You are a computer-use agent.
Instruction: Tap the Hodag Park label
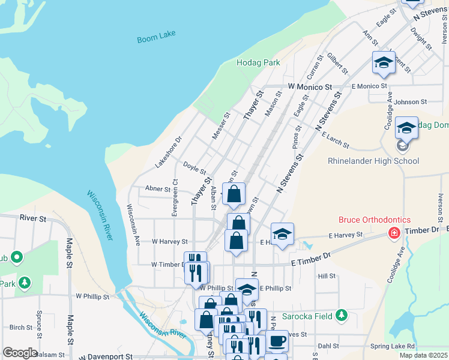pyautogui.click(x=259, y=62)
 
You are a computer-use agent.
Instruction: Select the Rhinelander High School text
pyautogui.click(x=373, y=161)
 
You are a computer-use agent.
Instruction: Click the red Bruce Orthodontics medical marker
pyautogui.click(x=394, y=232)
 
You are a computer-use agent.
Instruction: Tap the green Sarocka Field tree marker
pyautogui.click(x=342, y=314)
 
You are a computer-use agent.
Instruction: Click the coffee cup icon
pyautogui.click(x=277, y=341)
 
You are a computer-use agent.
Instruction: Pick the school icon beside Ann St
pyautogui.click(x=384, y=62)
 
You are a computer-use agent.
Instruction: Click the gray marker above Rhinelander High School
pyautogui.click(x=402, y=146)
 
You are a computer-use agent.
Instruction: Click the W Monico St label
pyautogui.click(x=310, y=87)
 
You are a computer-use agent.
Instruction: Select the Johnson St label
pyautogui.click(x=410, y=102)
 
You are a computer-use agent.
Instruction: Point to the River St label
pyautogui.click(x=33, y=219)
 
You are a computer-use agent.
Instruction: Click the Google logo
pyautogui.click(x=20, y=353)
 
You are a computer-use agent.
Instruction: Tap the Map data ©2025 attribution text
pyautogui.click(x=424, y=356)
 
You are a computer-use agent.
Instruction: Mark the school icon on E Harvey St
pyautogui.click(x=282, y=234)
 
